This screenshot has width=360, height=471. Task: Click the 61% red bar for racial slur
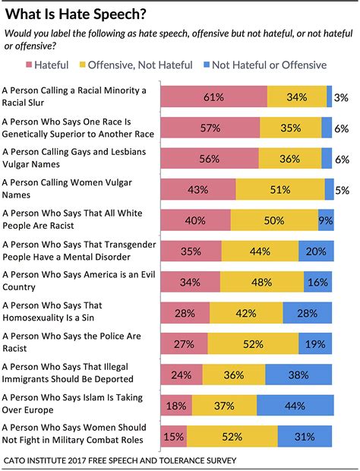[x=214, y=96]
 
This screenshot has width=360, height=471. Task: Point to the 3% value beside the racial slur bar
[x=342, y=96]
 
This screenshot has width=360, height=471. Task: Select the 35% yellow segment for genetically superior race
[x=290, y=128]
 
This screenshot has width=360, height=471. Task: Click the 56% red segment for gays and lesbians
[x=210, y=158]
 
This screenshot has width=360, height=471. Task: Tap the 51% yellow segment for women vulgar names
[x=280, y=189]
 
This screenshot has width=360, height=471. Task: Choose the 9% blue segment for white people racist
[x=326, y=220]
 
